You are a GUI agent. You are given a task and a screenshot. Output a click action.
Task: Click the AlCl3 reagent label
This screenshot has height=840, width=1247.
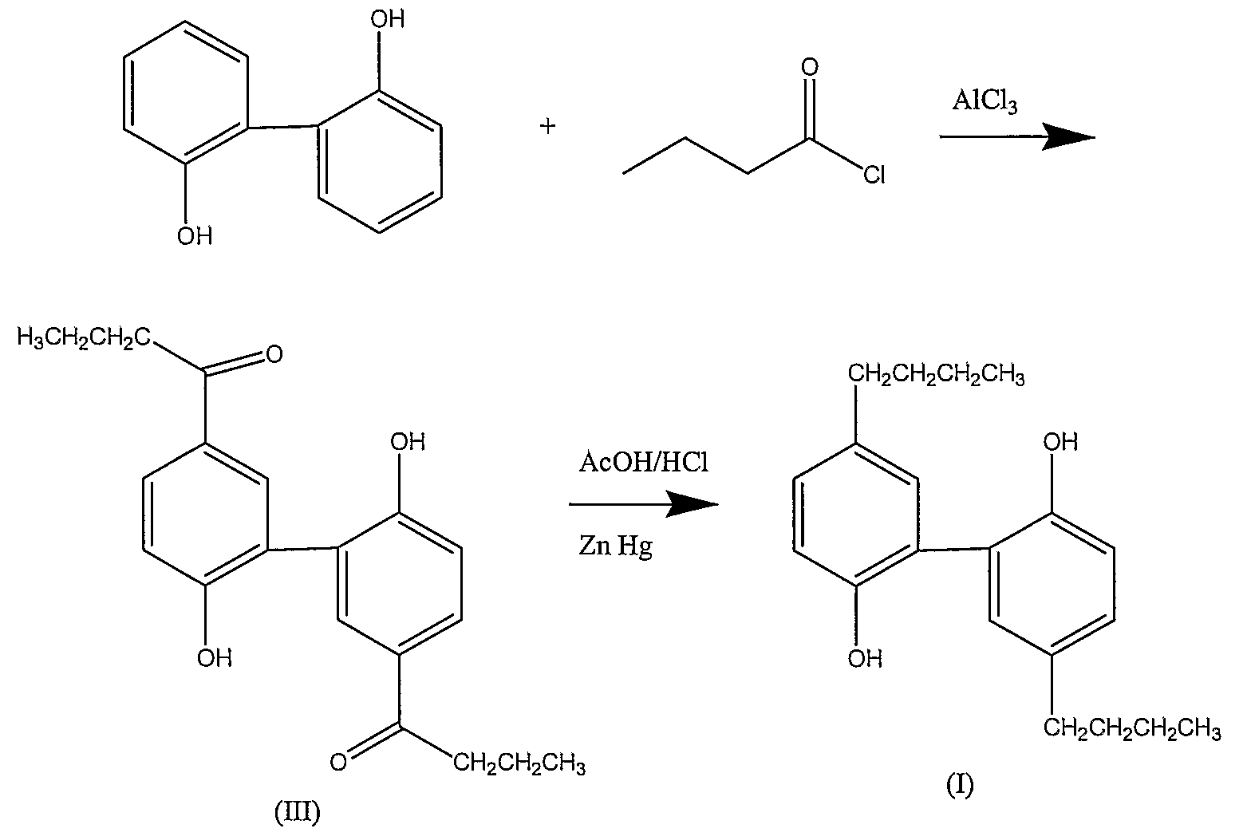click(x=985, y=102)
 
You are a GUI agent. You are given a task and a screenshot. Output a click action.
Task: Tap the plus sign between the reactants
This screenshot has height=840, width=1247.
click(x=548, y=126)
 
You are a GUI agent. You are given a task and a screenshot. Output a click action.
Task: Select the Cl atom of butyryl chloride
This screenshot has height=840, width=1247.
click(x=874, y=175)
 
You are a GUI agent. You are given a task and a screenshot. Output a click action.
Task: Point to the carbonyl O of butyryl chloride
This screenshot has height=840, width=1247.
click(x=810, y=67)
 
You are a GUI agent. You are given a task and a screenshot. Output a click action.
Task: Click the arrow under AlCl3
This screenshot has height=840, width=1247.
click(x=1018, y=137)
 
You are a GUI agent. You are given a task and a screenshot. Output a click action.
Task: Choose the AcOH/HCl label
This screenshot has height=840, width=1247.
click(x=644, y=463)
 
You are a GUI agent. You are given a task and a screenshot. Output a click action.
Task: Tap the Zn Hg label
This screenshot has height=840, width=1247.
click(x=616, y=546)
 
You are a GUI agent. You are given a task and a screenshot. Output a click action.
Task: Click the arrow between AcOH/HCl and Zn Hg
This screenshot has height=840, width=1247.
click(x=644, y=504)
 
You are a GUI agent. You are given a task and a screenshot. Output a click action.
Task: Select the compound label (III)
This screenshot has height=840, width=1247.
click(x=298, y=813)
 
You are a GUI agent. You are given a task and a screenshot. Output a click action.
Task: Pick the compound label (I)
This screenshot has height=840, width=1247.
click(x=961, y=786)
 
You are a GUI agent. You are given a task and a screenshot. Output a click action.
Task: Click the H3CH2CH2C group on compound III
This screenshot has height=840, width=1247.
click(x=84, y=337)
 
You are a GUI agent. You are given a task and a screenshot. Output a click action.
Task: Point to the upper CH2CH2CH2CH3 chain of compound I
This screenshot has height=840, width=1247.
click(x=937, y=374)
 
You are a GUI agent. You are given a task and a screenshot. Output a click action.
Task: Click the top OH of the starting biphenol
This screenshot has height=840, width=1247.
click(x=388, y=19)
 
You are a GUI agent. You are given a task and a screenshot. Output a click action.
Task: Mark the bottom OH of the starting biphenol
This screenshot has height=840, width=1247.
click(x=195, y=237)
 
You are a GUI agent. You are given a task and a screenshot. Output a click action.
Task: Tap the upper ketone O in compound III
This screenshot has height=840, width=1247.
click(x=274, y=354)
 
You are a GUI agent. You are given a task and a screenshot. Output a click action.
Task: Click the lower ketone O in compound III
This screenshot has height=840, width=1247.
click(x=338, y=762)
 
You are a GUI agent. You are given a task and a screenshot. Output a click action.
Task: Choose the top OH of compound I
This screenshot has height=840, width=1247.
click(x=1061, y=442)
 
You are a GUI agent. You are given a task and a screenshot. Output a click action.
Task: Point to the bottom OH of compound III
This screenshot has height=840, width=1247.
click(x=215, y=659)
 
